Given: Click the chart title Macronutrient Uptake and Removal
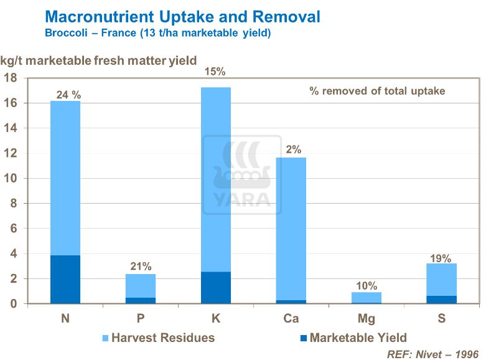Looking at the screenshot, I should click(x=183, y=16).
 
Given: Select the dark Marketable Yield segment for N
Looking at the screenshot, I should click(x=65, y=279).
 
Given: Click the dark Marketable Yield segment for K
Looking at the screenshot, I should click(x=216, y=287).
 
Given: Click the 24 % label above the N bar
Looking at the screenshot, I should click(x=68, y=95).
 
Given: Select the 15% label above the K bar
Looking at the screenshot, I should click(x=216, y=72).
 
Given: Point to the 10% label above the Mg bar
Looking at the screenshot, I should click(x=367, y=286).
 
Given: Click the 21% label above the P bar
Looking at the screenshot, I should click(x=141, y=266).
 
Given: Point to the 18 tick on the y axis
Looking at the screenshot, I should click(x=11, y=78).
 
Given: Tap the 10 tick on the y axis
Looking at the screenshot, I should click(x=11, y=179).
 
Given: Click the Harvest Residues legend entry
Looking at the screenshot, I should click(x=158, y=338).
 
